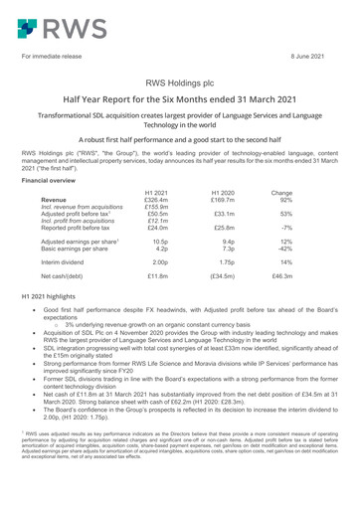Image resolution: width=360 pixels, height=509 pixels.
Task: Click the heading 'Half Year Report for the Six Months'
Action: pos(179,106)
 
